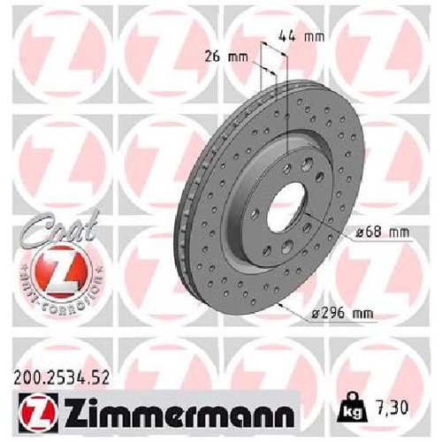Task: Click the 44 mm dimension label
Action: click(x=301, y=36)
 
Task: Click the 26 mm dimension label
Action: click(x=226, y=57)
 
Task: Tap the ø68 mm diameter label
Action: click(x=383, y=232)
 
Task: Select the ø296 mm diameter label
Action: click(x=342, y=313)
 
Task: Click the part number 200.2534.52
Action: click(x=61, y=377)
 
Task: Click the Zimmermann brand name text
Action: click(x=179, y=412)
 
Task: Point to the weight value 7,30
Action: click(x=390, y=408)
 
